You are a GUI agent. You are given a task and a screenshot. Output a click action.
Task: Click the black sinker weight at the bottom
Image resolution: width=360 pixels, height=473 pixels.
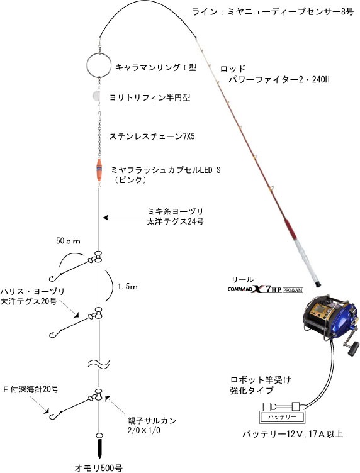99,448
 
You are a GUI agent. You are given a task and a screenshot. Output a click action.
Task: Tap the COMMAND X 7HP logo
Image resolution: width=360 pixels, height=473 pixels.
265,289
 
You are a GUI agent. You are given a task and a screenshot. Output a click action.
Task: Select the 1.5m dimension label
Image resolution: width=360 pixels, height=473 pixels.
128,287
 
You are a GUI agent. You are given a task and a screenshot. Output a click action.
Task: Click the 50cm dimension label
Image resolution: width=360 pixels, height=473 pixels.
68,241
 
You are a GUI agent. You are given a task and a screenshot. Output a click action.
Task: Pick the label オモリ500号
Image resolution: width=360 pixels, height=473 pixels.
99,468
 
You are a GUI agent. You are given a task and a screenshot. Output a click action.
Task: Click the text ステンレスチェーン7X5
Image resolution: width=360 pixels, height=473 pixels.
152,136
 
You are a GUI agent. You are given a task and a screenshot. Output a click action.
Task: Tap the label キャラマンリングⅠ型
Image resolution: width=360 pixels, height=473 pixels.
156,67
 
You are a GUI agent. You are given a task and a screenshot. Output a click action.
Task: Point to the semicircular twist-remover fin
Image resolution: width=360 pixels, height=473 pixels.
96,96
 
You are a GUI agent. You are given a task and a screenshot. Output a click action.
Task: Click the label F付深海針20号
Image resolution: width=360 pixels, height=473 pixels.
31,389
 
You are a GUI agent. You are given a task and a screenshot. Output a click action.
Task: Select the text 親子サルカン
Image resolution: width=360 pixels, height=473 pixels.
152,420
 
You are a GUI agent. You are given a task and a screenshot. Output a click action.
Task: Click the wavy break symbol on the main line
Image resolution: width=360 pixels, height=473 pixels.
99,364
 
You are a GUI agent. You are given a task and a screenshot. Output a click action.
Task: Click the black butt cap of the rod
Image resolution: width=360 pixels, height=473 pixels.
317,284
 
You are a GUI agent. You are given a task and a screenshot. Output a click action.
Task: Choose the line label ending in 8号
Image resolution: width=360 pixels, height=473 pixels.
273,12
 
